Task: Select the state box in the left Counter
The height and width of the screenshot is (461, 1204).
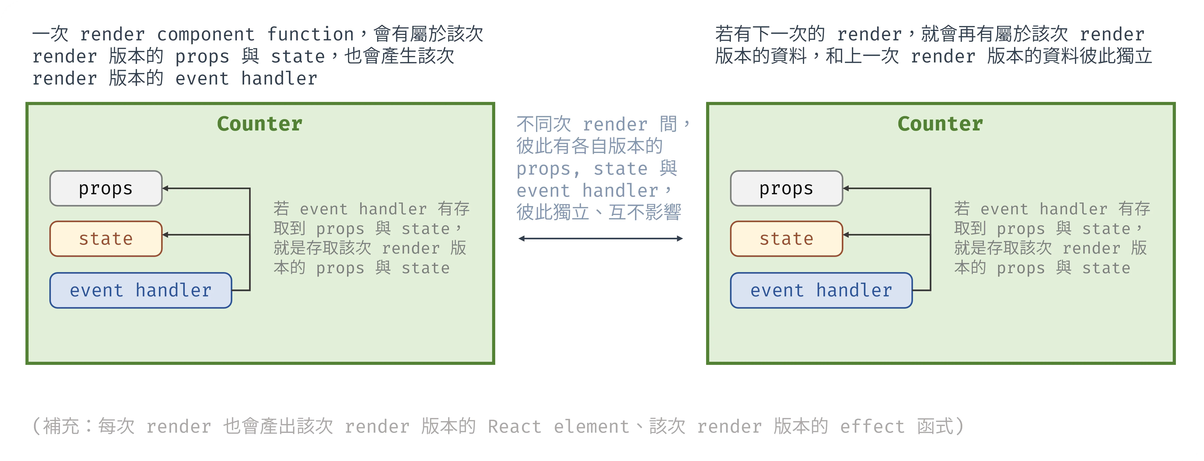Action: (x=106, y=239)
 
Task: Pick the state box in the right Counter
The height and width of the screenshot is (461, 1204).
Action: (x=787, y=239)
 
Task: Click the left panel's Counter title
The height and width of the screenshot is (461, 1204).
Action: (x=260, y=124)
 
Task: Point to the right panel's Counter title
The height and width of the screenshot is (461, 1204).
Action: (x=940, y=124)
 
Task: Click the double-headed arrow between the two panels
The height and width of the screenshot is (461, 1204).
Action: (x=601, y=239)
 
